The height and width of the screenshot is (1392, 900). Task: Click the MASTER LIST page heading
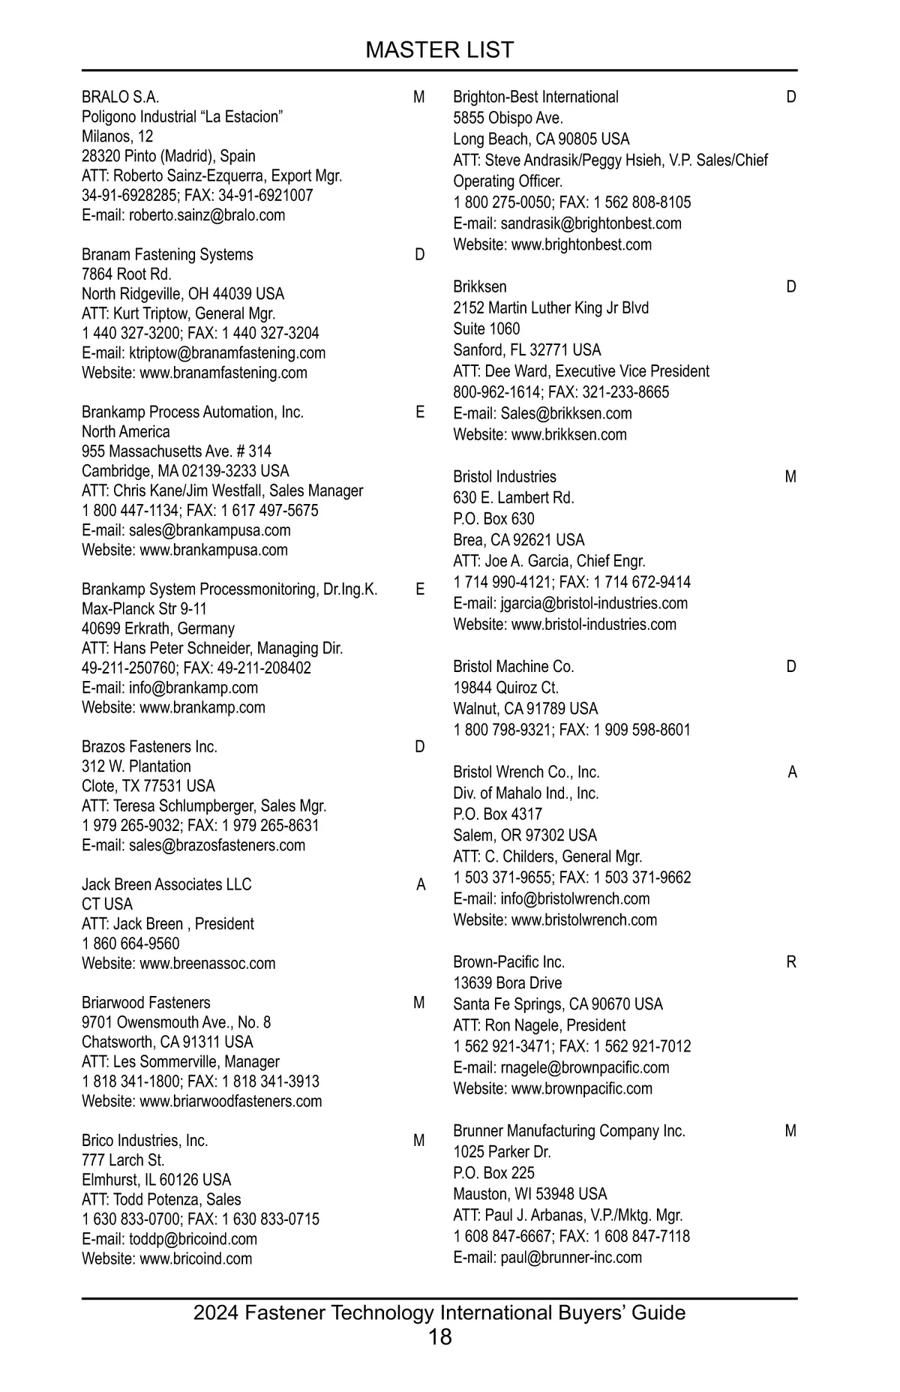coord(439,49)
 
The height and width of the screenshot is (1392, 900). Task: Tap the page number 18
coord(440,1336)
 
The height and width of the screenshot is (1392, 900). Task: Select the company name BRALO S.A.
coord(120,97)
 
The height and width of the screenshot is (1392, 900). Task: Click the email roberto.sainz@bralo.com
coord(183,215)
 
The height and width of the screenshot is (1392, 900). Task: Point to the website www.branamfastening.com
coord(194,373)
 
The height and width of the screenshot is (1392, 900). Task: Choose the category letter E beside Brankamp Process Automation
coord(420,412)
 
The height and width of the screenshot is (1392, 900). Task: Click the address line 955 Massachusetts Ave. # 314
coord(176,451)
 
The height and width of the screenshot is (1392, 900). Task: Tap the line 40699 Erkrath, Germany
coord(157,628)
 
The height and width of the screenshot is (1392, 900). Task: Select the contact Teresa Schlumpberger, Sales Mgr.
coord(204,806)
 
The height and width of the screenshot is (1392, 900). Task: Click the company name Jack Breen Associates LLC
coord(166,884)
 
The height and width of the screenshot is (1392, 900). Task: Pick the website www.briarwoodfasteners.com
coord(202,1101)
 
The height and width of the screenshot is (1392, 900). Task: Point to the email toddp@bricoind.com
coord(169,1239)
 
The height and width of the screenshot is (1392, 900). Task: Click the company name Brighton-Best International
coord(535,97)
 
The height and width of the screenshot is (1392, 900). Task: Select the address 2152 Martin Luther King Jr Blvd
coord(550,307)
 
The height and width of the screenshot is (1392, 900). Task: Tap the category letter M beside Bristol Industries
coord(790,477)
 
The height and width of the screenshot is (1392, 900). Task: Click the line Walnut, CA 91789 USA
coord(525,709)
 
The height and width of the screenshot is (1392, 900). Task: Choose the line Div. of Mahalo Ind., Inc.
coord(526,793)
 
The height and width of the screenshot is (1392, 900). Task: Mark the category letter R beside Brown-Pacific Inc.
coord(791,962)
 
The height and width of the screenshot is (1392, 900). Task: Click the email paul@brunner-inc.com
coord(547,1258)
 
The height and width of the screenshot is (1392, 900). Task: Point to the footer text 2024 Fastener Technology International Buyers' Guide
coord(439,1312)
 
